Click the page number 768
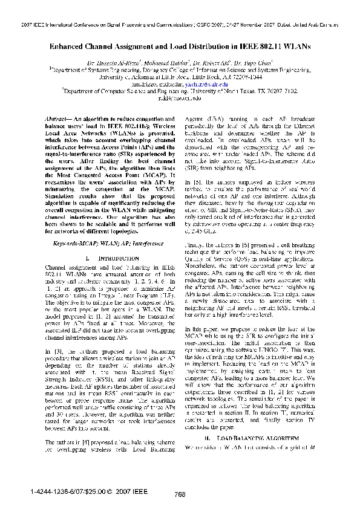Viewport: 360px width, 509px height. (x=179, y=494)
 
